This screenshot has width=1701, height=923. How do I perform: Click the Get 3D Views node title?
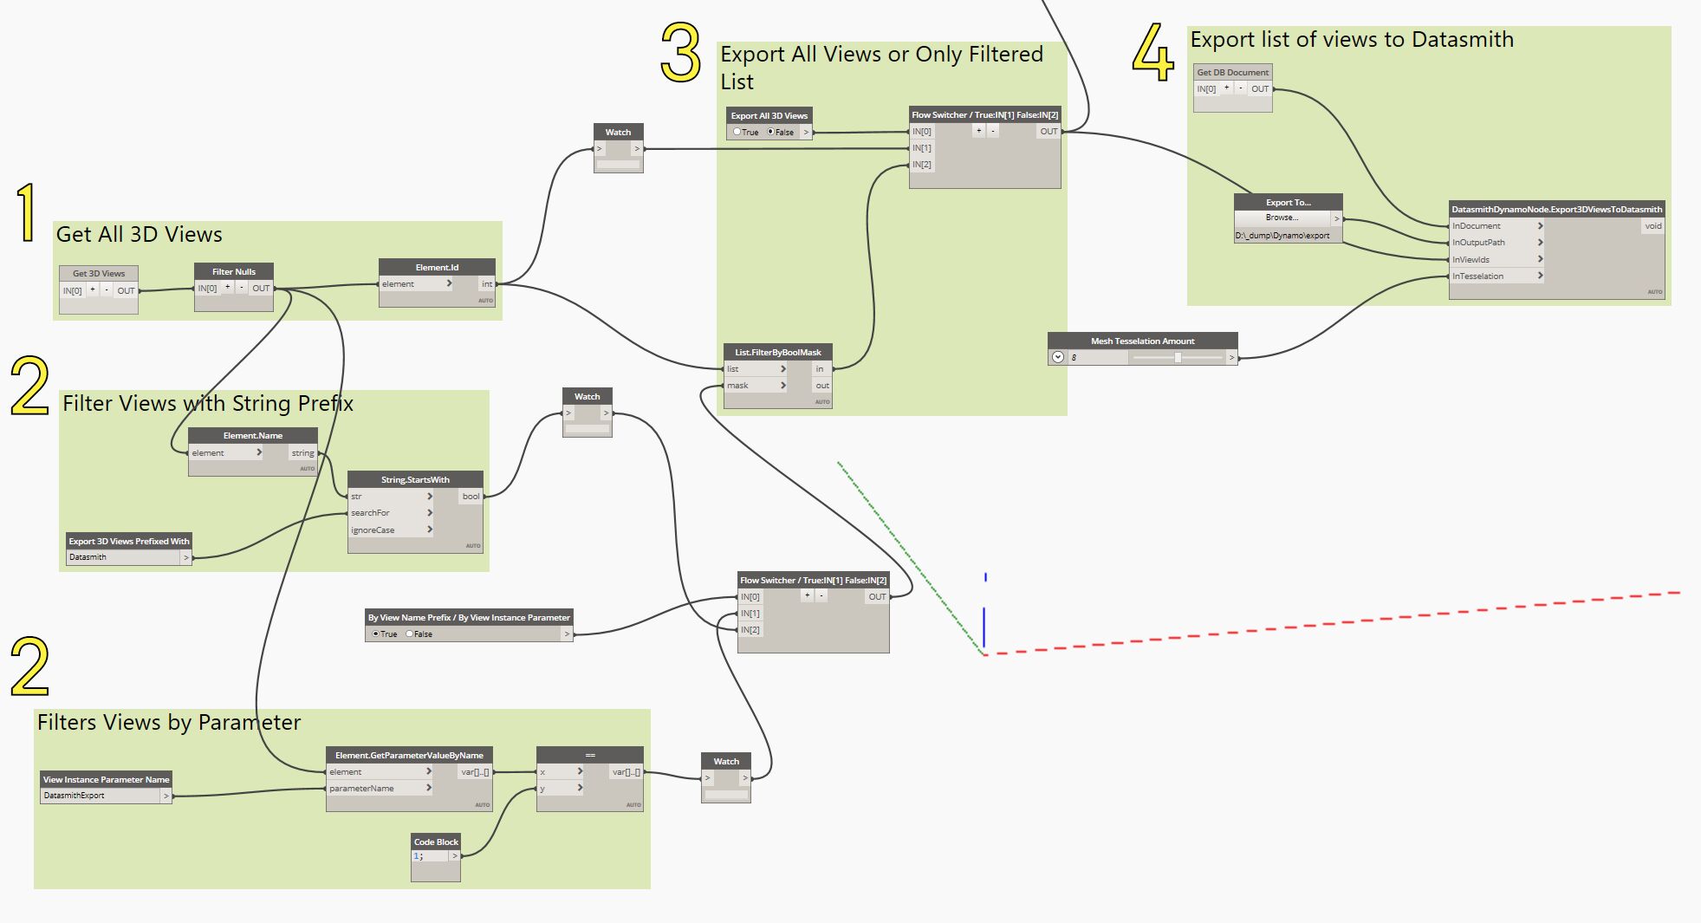[x=99, y=273]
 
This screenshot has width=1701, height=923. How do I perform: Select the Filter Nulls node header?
[x=234, y=271]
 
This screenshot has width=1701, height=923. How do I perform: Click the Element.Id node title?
[x=437, y=267]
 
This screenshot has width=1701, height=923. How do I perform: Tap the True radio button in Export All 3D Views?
[x=737, y=132]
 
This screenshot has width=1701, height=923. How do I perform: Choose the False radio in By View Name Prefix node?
[x=410, y=634]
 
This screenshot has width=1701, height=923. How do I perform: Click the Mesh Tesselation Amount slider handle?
[x=1178, y=357]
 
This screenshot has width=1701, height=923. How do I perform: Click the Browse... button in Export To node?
[x=1282, y=218]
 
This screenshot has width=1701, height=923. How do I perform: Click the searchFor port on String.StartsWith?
[x=371, y=512]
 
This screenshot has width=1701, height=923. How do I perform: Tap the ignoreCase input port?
[x=373, y=530]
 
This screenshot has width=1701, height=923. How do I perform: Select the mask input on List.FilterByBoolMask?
[x=738, y=385]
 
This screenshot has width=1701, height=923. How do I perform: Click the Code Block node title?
[x=436, y=842]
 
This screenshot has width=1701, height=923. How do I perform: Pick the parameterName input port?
[x=362, y=788]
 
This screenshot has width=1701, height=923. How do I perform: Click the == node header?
[x=590, y=755]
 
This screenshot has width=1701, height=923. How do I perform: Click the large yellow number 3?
[x=681, y=53]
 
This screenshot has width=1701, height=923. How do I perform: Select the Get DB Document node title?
[x=1232, y=72]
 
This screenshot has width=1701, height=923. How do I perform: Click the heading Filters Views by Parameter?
[x=169, y=722]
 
